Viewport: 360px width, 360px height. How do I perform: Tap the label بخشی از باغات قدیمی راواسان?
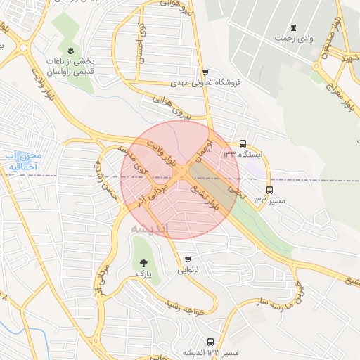(71, 66)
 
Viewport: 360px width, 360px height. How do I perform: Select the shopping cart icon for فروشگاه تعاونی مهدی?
(205, 72)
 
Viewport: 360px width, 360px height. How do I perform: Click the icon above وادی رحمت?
(293, 27)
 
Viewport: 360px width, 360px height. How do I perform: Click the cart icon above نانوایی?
(187, 257)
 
